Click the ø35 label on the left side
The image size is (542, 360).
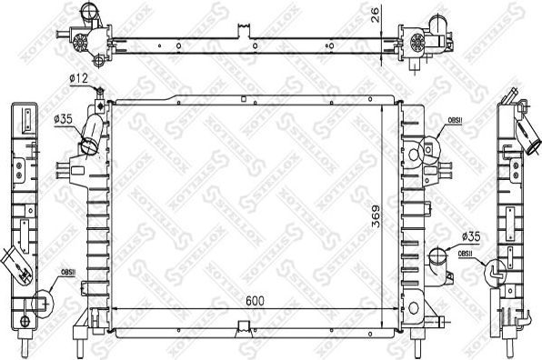pos(64,118)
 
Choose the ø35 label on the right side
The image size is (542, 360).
pos(471,235)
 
